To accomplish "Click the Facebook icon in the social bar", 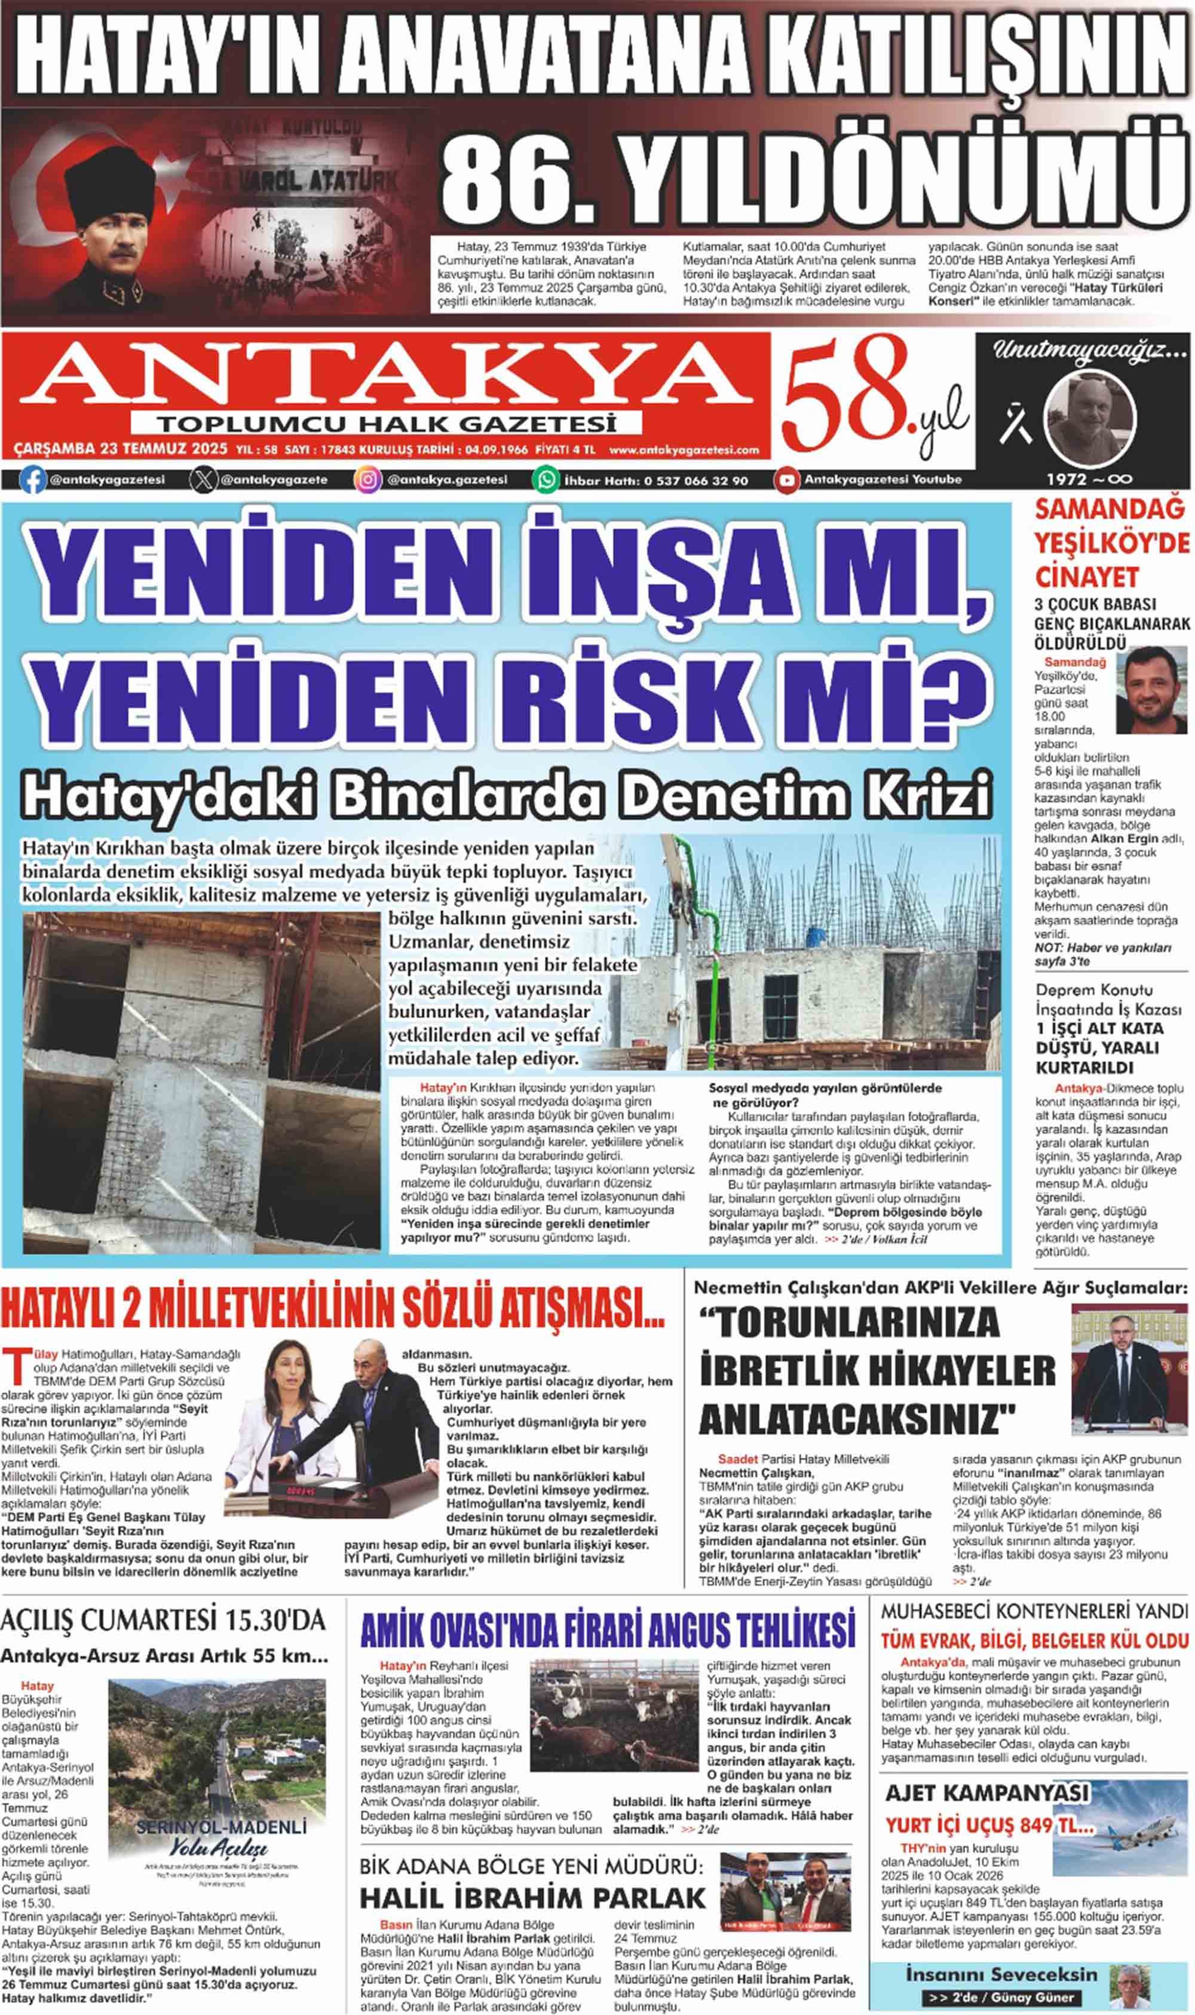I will pos(32,479).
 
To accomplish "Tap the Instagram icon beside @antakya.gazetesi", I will pos(367,479).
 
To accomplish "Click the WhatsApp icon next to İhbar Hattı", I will pos(546,480).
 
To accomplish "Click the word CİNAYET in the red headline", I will pos(1086,577).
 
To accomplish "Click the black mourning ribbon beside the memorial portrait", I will pos(1015,423).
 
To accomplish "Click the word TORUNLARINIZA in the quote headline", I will pos(850,1323).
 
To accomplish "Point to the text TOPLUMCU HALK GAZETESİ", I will pos(387,424).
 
